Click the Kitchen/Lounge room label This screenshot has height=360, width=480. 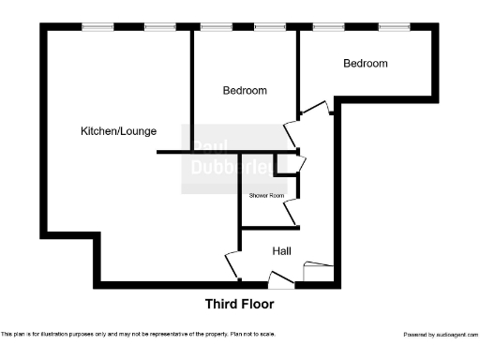[x=118, y=130]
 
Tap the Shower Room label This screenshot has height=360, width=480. [x=266, y=195]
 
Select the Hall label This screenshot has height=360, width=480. [x=282, y=251]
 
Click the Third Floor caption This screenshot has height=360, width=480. [x=239, y=304]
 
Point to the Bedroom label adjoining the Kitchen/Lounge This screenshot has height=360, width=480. [x=245, y=91]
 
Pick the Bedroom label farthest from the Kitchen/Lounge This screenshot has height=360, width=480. [x=365, y=64]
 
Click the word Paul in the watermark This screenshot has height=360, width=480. [x=209, y=147]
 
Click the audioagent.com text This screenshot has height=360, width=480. [x=456, y=334]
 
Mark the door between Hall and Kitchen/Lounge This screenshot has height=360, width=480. [x=232, y=265]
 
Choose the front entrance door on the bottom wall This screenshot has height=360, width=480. [x=279, y=278]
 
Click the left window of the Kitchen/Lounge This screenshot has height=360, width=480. [x=97, y=27]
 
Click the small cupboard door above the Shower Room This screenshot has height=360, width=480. [x=297, y=164]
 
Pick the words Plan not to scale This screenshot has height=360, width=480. [x=252, y=334]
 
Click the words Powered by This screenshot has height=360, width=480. [x=418, y=334]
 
